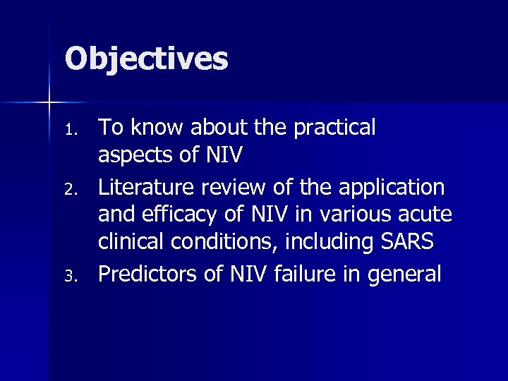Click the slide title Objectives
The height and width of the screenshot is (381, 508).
[x=147, y=59]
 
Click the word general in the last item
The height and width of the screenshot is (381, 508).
[x=405, y=273]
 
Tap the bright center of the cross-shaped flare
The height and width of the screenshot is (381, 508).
[x=49, y=103]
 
